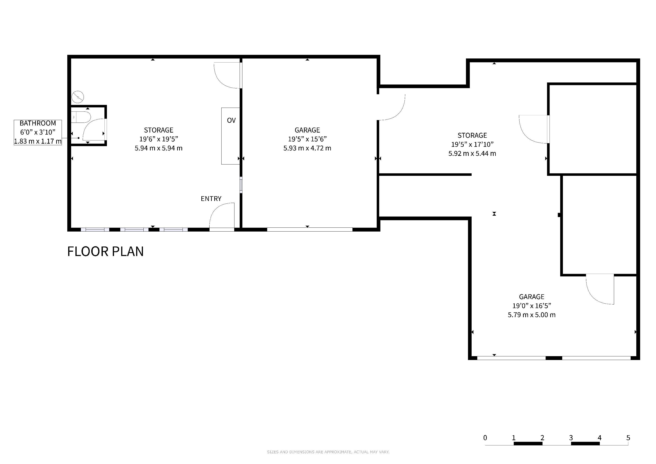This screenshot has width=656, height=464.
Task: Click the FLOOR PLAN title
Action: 105,251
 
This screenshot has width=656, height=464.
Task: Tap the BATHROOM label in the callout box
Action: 38,123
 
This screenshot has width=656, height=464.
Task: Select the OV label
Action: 232,120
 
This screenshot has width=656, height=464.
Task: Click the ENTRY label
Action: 211,198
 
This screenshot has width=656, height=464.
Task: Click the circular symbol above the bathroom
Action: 78,97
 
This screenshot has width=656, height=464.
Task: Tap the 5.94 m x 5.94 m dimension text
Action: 159,148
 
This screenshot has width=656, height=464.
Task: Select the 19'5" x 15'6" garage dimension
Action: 307,139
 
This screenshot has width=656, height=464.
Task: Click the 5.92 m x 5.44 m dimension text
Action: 472,153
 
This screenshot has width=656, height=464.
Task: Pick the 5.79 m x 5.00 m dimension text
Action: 531,315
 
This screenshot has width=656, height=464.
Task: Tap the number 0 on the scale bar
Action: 485,438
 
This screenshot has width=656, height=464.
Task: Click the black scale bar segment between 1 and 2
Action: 528,443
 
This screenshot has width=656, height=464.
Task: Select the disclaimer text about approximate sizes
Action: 328,452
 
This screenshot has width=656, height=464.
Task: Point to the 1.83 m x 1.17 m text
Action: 38,141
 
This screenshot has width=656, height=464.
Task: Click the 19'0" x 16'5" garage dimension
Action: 531,306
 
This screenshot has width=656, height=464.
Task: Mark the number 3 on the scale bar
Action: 571,438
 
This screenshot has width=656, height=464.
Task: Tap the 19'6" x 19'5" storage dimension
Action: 159,139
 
